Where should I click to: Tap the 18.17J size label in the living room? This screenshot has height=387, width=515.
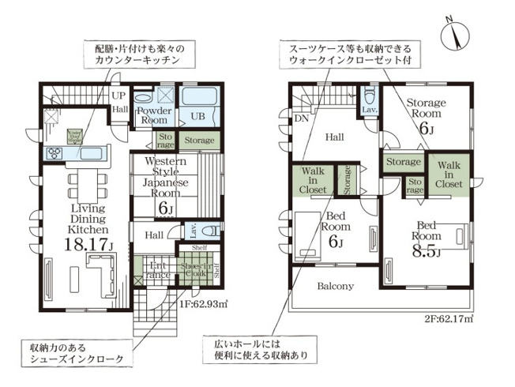[88, 245]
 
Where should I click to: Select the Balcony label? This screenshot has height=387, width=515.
[336, 286]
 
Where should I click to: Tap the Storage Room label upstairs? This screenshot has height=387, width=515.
[427, 115]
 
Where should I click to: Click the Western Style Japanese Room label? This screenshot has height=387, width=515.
[166, 180]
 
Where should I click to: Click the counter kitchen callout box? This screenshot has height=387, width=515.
[137, 54]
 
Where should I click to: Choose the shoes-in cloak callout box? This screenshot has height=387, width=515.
[76, 352]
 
